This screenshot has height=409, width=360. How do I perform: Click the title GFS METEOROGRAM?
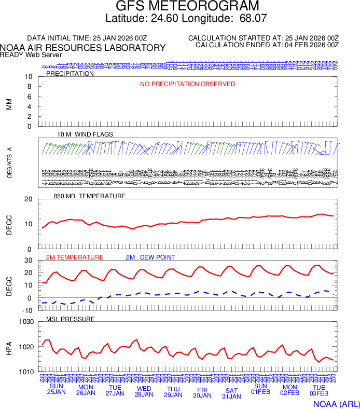[187, 6]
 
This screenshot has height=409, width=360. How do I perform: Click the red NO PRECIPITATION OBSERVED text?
[188, 84]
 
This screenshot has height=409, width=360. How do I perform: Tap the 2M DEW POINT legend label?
[150, 257]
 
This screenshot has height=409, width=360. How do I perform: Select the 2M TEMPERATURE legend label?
[75, 257]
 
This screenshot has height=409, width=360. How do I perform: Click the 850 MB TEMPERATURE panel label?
[90, 196]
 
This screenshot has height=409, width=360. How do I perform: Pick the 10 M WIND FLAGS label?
[85, 134]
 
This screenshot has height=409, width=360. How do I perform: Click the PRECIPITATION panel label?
[70, 74]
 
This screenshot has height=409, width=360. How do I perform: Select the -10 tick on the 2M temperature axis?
[28, 310]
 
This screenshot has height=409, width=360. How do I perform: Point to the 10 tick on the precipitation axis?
[29, 77]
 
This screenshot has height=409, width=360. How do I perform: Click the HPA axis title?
[9, 347]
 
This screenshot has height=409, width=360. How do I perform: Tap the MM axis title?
[9, 103]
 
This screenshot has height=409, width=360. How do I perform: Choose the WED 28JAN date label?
[144, 392]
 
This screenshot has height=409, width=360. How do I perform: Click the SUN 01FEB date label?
[260, 389]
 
